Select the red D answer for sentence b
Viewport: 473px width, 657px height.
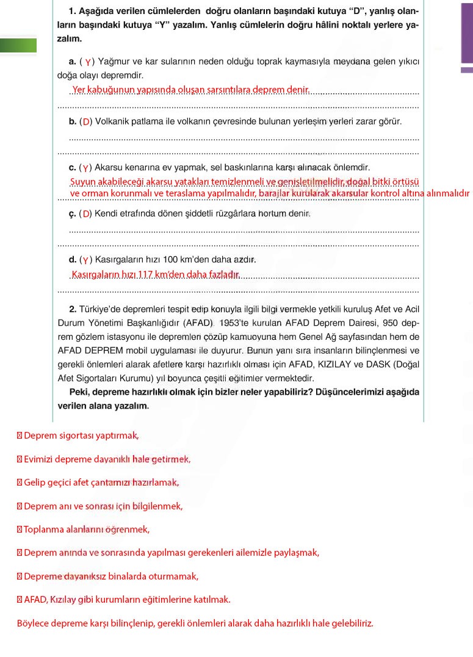[87, 122]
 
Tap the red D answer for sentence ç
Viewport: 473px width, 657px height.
[87, 214]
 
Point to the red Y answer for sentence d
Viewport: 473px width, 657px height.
[86, 260]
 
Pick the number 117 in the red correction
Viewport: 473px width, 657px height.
[145, 275]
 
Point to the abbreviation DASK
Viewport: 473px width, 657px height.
[366, 365]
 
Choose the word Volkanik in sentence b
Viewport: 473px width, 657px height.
[112, 121]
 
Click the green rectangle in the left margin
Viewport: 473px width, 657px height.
[18, 46]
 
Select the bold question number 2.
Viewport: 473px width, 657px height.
[72, 309]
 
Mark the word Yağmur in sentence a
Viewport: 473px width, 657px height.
[112, 62]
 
